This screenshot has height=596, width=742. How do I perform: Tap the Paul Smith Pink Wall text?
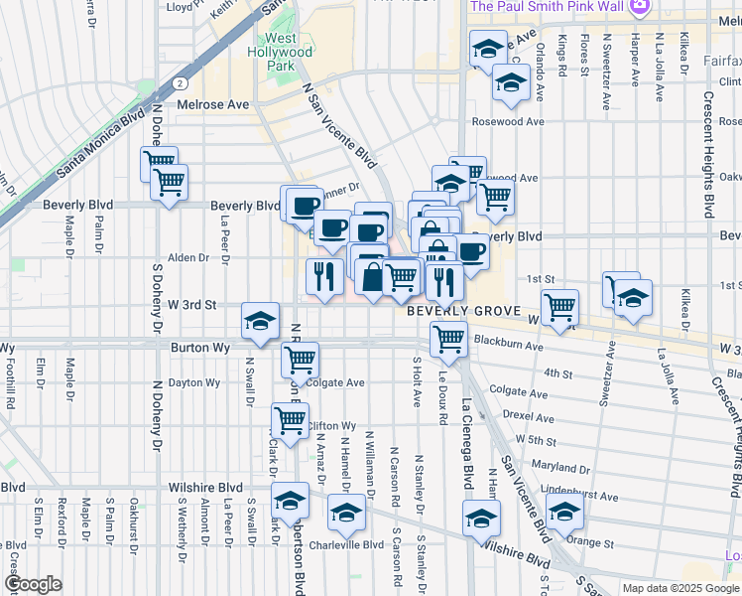tap(548, 6)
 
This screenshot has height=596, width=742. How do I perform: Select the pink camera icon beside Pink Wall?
tap(641, 6)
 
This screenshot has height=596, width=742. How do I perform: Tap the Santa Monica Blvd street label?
tap(101, 144)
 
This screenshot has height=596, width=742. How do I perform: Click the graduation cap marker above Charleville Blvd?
tap(346, 513)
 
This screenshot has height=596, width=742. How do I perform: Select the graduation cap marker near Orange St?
tap(564, 512)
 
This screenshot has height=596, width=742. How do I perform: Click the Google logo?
tap(33, 585)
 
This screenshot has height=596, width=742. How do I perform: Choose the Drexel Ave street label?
tap(528, 414)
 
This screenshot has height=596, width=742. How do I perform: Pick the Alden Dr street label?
tap(188, 257)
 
